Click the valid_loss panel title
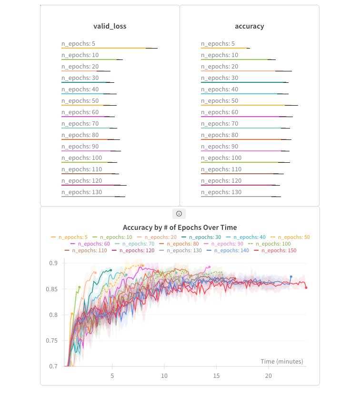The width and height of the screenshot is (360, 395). pos(110,26)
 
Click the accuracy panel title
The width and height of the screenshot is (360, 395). pos(250,26)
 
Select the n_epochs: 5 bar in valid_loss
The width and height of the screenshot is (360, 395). pos(107,48)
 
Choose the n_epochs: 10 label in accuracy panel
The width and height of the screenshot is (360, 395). pos(220,55)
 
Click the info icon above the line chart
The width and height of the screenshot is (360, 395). pos(179,214)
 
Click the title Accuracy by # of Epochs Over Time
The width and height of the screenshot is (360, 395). pos(180,227)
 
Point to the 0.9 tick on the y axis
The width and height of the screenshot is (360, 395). pos(53,263)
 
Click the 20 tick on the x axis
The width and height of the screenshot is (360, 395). pos(269,376)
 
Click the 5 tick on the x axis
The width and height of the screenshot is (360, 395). pos(112,376)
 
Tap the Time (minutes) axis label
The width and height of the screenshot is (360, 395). pos(281,362)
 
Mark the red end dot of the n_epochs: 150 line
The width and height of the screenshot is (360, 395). pos(306,287)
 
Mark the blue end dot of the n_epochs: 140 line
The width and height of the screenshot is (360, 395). pos(291,276)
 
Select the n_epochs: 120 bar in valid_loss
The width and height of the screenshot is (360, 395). pos(93,185)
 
